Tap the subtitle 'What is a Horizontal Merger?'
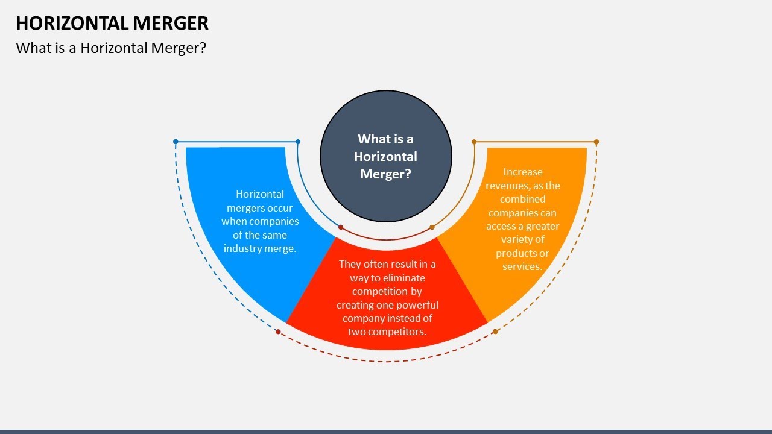point(111,48)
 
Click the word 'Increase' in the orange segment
point(523,172)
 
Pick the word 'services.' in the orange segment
point(522,266)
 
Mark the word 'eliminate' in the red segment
point(403,278)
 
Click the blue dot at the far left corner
point(176,142)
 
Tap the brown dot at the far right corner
point(596,142)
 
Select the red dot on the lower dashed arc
point(278,332)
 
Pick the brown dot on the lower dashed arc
point(495,332)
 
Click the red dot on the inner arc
point(341,227)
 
